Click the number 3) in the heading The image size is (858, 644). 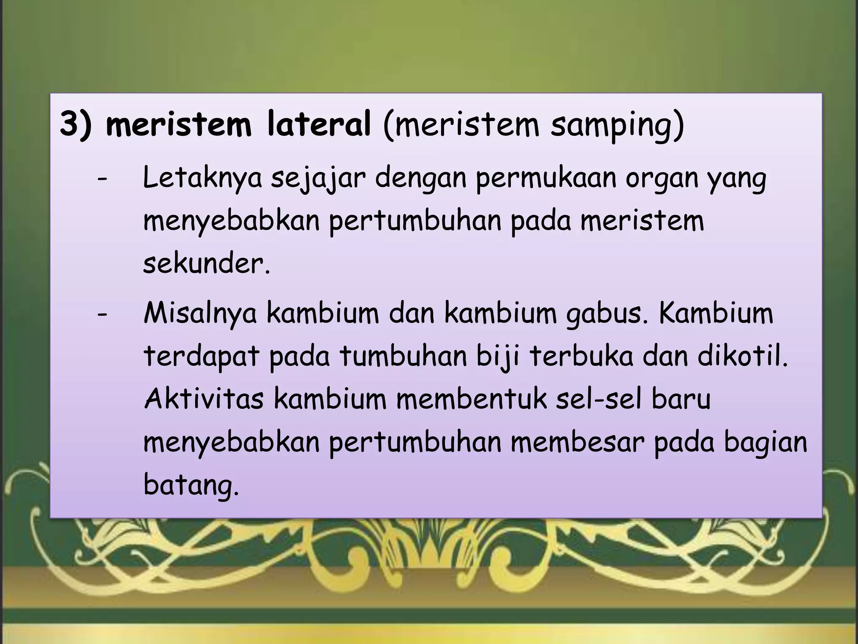pos(76,125)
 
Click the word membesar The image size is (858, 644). pos(576,443)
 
